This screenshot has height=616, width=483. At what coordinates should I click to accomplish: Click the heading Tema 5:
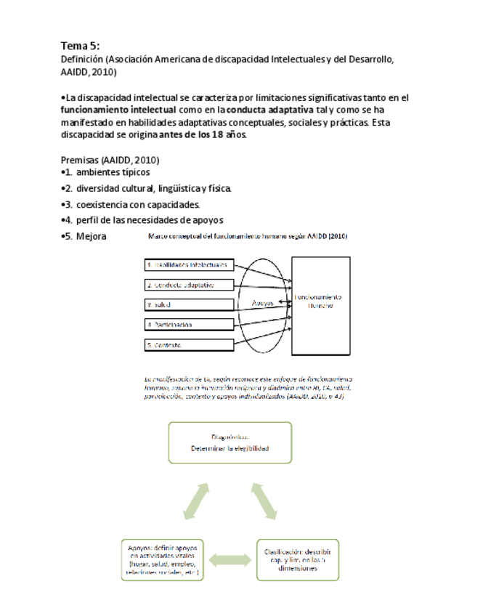(x=80, y=46)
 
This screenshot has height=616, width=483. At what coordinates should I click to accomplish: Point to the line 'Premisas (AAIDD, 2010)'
(x=110, y=160)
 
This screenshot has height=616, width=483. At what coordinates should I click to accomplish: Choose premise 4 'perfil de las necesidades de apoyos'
(x=149, y=220)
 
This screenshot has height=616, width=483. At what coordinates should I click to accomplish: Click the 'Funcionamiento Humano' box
(x=320, y=304)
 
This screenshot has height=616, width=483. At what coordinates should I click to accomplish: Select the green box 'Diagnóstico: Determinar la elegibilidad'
(x=230, y=442)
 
